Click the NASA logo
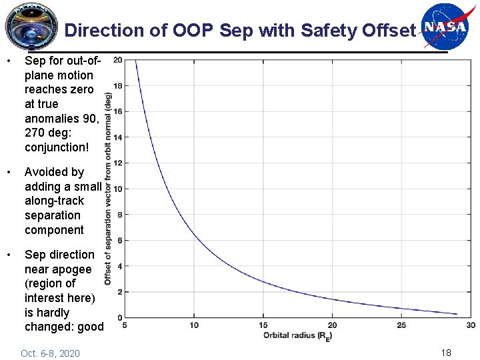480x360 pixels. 445,27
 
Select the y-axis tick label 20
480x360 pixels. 117,60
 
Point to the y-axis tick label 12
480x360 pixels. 117,163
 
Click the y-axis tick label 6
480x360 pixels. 119,241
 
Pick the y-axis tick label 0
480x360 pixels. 119,318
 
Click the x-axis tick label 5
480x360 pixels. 125,325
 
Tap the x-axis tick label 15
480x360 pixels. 263,325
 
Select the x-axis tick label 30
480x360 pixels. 471,325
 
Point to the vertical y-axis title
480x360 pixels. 108,189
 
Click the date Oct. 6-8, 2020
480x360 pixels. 50,353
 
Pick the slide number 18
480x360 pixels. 445,352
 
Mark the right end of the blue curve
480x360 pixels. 457,314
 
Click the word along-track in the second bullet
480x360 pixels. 55,201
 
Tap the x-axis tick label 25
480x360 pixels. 401,325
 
